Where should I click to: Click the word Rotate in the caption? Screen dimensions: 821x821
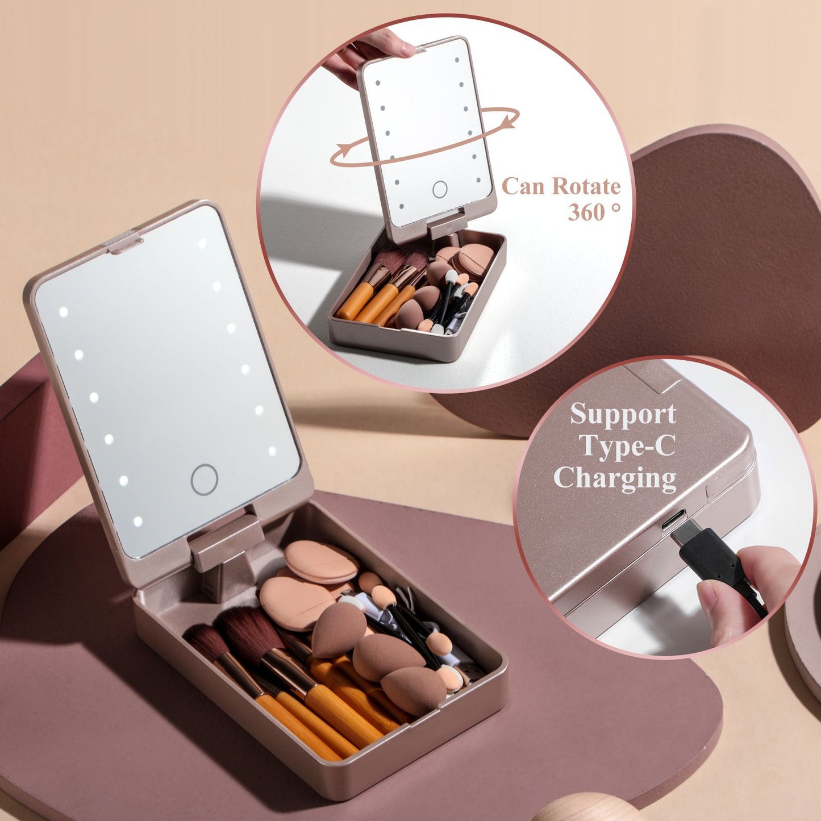(x=586, y=186)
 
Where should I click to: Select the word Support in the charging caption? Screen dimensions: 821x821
(x=623, y=414)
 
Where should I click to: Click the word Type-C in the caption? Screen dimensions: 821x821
(x=627, y=446)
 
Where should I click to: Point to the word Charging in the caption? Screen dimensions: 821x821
(x=615, y=478)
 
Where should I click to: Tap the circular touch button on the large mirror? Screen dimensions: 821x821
(x=205, y=479)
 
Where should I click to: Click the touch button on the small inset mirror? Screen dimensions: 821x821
(x=440, y=189)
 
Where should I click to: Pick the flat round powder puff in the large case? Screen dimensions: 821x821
(x=321, y=561)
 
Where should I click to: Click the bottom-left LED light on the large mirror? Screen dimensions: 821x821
(x=137, y=521)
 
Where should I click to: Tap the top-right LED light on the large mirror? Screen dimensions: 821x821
(x=202, y=244)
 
